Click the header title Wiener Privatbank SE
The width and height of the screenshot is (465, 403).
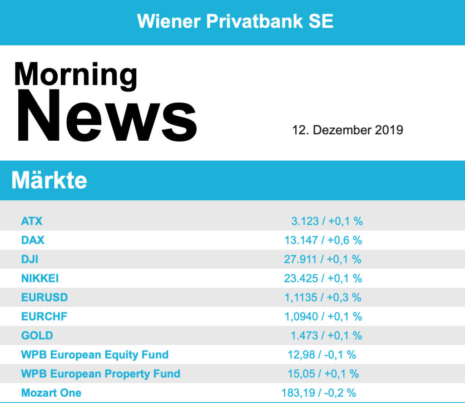pos(235,21)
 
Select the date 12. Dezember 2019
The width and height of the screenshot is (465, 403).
pos(348,130)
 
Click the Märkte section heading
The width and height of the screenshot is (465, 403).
pos(49,181)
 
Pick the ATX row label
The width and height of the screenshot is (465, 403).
pos(32,221)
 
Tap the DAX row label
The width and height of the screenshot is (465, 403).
pos(33,240)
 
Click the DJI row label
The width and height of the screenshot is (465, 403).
pos(30,259)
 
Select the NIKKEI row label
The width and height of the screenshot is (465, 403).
pos(40,278)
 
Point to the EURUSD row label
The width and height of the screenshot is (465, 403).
pos(45,297)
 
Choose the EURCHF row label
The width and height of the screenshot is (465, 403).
pos(45,316)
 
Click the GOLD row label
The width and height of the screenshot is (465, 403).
pos(37,335)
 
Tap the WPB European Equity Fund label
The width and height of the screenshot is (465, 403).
pos(95,354)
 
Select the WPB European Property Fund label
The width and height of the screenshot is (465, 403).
pos(101,374)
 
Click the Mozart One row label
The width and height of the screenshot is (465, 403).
pos(51,393)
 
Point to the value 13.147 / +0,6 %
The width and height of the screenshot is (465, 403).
pos(323,240)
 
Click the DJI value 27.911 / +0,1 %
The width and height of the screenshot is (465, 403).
pos(322,259)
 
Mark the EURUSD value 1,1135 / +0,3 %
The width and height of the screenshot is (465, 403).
pos(322,297)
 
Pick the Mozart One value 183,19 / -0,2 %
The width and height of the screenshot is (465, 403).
pos(319,393)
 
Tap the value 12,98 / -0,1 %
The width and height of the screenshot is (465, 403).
pos(322,354)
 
